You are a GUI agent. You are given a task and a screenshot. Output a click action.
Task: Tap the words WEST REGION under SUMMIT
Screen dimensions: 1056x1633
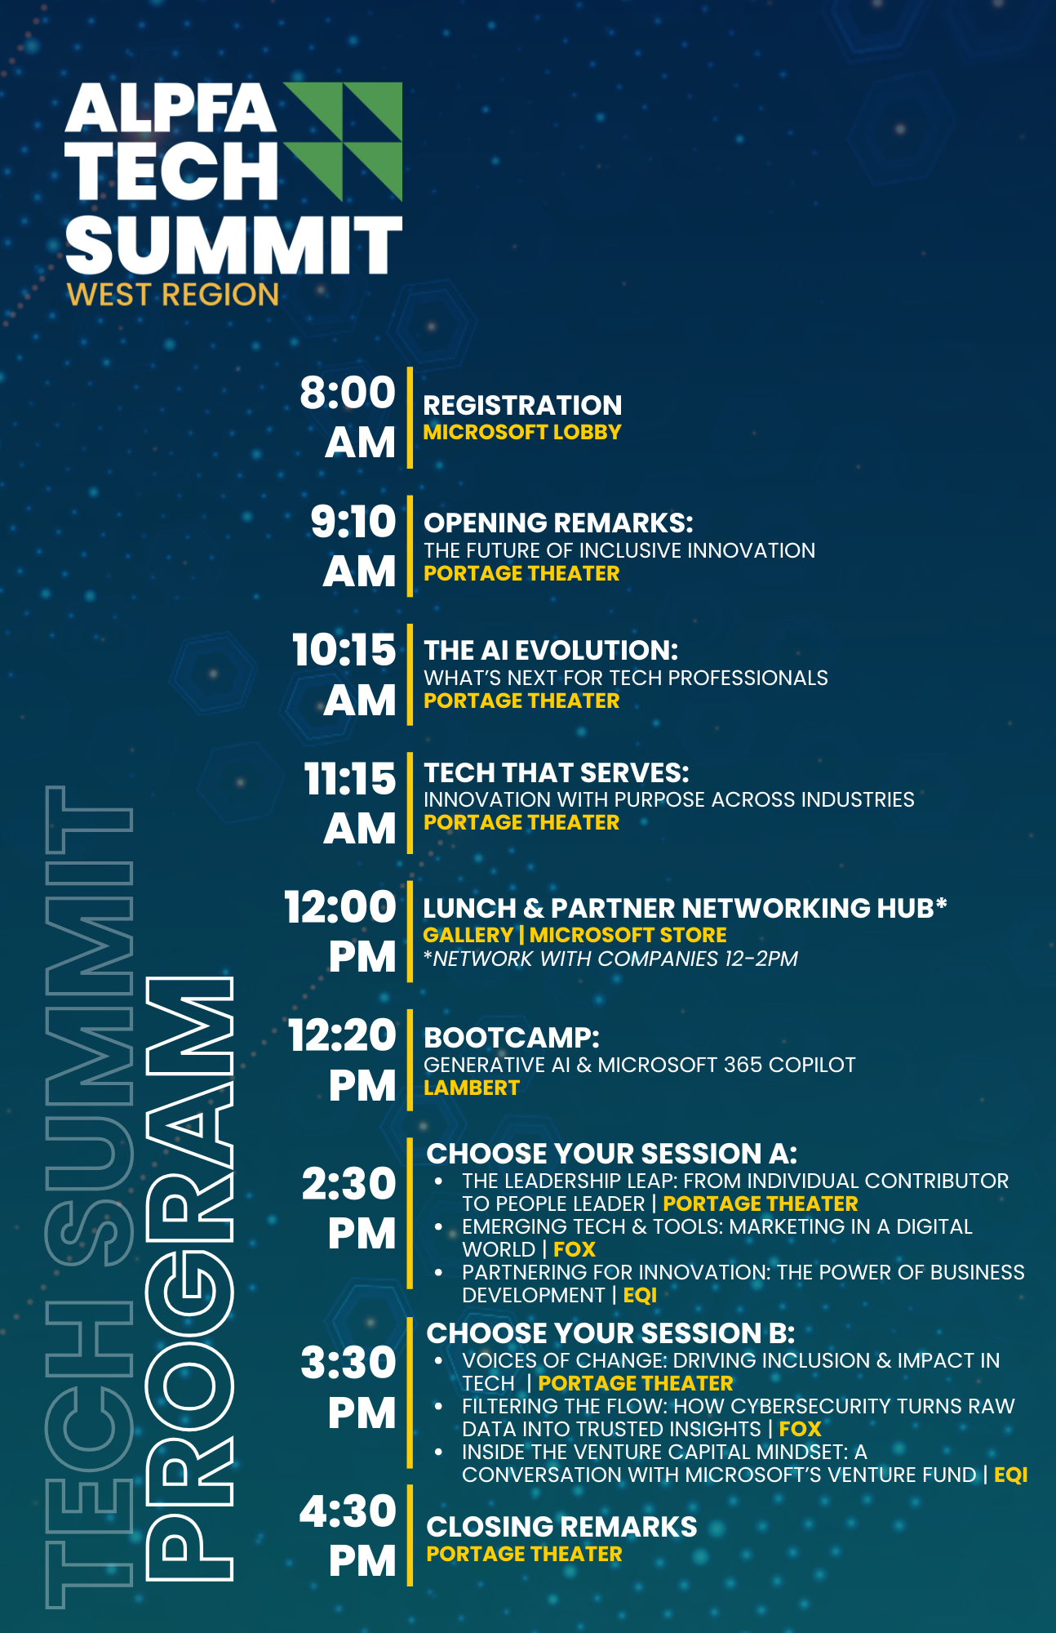click(x=173, y=295)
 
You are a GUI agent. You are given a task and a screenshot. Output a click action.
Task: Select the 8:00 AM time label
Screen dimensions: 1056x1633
click(x=348, y=417)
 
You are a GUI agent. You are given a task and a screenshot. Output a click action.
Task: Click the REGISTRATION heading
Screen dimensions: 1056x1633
click(x=522, y=405)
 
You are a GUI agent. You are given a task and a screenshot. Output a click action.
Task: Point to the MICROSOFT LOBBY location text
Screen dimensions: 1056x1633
click(x=522, y=432)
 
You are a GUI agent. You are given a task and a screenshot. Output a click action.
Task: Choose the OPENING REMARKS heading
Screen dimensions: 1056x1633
click(x=558, y=523)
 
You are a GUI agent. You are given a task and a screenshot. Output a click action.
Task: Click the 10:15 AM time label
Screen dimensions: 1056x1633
click(x=344, y=674)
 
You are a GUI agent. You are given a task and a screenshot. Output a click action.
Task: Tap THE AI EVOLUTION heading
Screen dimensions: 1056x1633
click(x=551, y=650)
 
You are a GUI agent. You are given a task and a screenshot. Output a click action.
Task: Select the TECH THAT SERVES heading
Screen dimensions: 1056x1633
click(x=557, y=772)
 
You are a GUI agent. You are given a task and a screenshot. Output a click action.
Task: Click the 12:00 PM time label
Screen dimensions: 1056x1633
click(x=340, y=932)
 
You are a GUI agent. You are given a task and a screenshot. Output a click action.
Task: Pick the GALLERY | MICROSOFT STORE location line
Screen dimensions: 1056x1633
click(x=575, y=935)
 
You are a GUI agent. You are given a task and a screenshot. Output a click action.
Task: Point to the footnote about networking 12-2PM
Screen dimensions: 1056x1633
click(x=610, y=959)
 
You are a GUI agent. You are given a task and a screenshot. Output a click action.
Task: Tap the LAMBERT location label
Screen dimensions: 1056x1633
click(x=472, y=1088)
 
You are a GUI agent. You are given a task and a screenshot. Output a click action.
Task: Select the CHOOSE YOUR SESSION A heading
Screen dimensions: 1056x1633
click(x=612, y=1154)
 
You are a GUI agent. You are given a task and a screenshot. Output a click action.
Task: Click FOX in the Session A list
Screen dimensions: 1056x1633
click(x=575, y=1249)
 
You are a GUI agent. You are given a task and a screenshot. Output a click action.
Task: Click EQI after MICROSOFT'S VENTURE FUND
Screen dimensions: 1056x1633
click(x=1011, y=1475)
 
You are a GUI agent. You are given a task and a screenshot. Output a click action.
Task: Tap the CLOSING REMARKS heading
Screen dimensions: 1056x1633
click(x=562, y=1527)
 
